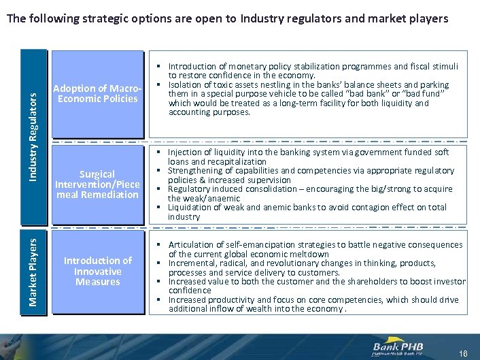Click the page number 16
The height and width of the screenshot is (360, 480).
(464, 353)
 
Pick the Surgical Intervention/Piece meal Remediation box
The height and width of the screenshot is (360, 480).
(98, 184)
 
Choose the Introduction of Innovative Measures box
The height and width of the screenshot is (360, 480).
(98, 271)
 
